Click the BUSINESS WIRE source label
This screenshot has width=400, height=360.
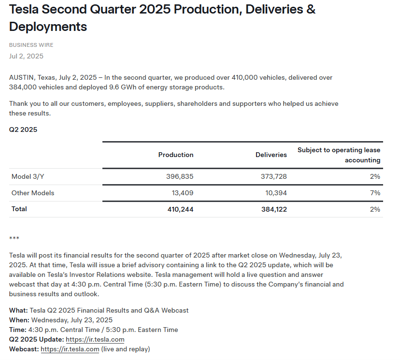click(31, 45)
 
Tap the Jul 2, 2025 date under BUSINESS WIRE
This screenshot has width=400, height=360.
click(26, 56)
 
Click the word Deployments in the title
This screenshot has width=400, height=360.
click(48, 27)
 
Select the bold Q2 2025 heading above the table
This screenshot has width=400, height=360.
click(23, 130)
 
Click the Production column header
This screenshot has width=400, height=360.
click(176, 155)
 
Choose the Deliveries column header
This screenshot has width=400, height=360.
click(271, 155)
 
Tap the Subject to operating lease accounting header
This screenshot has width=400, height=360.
click(339, 155)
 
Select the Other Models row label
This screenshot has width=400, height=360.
click(33, 193)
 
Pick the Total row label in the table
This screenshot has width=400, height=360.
click(19, 209)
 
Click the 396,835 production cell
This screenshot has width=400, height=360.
click(179, 176)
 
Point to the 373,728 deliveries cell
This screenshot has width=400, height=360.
click(273, 176)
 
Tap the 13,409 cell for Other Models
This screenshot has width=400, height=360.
click(182, 193)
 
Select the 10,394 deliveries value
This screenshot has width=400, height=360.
click(276, 193)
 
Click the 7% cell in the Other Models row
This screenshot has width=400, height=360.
click(375, 193)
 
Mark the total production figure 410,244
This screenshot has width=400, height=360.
click(179, 209)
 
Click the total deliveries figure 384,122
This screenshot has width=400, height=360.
click(273, 209)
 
